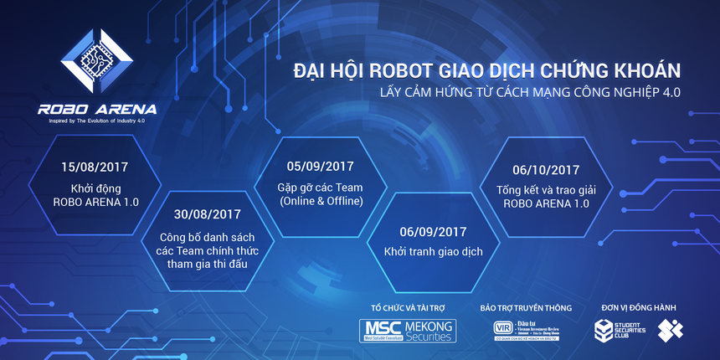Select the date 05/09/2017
(x=321, y=166)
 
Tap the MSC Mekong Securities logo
(x=408, y=330)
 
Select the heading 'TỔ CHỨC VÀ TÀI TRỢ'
(x=407, y=307)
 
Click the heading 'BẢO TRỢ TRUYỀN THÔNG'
(x=526, y=307)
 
